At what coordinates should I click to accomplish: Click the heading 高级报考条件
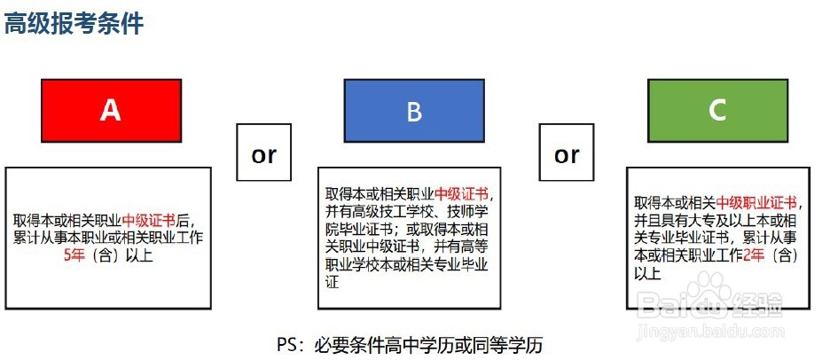[x=74, y=23]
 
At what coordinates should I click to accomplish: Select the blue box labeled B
[x=413, y=110]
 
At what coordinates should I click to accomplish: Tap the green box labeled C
[x=717, y=110]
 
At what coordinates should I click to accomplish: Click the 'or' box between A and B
[x=263, y=155]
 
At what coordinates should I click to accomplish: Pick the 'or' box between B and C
[x=567, y=155]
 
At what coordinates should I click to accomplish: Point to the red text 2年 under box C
[x=754, y=255]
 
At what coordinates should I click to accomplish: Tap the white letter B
[x=413, y=111]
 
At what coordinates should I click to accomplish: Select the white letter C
[x=717, y=110]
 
